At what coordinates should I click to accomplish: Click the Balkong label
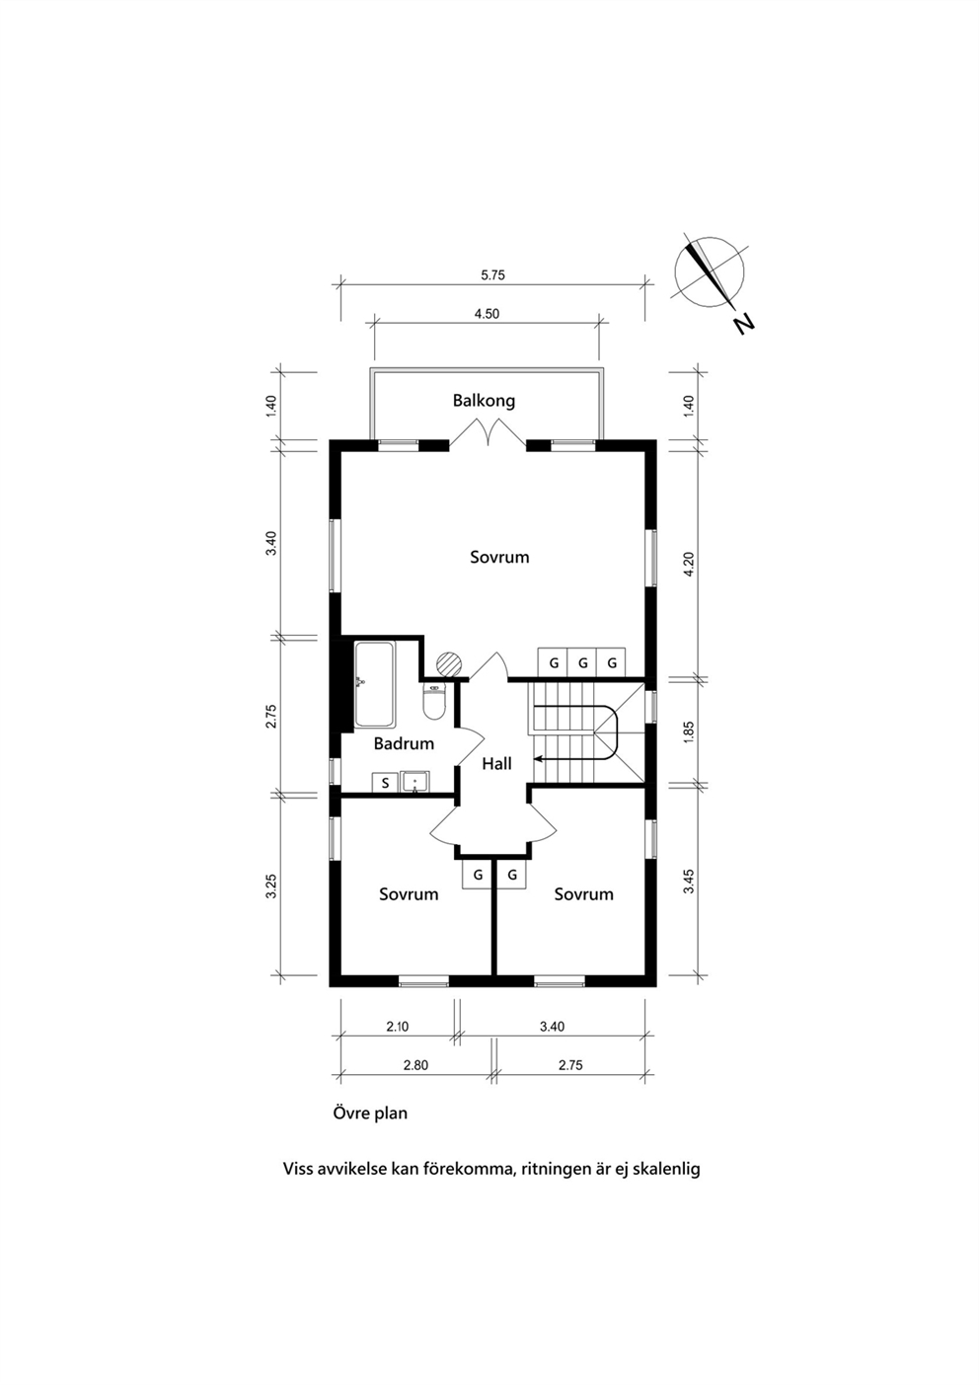pos(484,401)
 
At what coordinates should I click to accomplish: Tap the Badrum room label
pos(404,743)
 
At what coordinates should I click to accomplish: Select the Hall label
pos(497,764)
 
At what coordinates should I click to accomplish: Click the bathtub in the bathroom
pos(374,684)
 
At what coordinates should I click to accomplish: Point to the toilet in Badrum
pos(434,702)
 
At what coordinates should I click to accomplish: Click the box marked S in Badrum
pos(385,783)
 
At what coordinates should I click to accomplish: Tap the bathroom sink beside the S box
pos(415,782)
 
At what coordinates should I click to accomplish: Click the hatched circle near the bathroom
pos(449,664)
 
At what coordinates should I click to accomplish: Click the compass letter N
pos(744,324)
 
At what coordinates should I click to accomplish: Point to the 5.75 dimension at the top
pos(492,275)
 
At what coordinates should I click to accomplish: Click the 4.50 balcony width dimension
pos(487,314)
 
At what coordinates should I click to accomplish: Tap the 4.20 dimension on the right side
pos(691,563)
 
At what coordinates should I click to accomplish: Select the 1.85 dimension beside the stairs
pos(691,732)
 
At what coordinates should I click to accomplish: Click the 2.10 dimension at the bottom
pos(398,1027)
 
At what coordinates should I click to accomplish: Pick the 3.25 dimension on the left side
pos(271,886)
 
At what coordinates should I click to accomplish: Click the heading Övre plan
pos(370,1114)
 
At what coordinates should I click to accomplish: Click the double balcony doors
pos(489,432)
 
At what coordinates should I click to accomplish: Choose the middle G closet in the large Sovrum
pos(583,662)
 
